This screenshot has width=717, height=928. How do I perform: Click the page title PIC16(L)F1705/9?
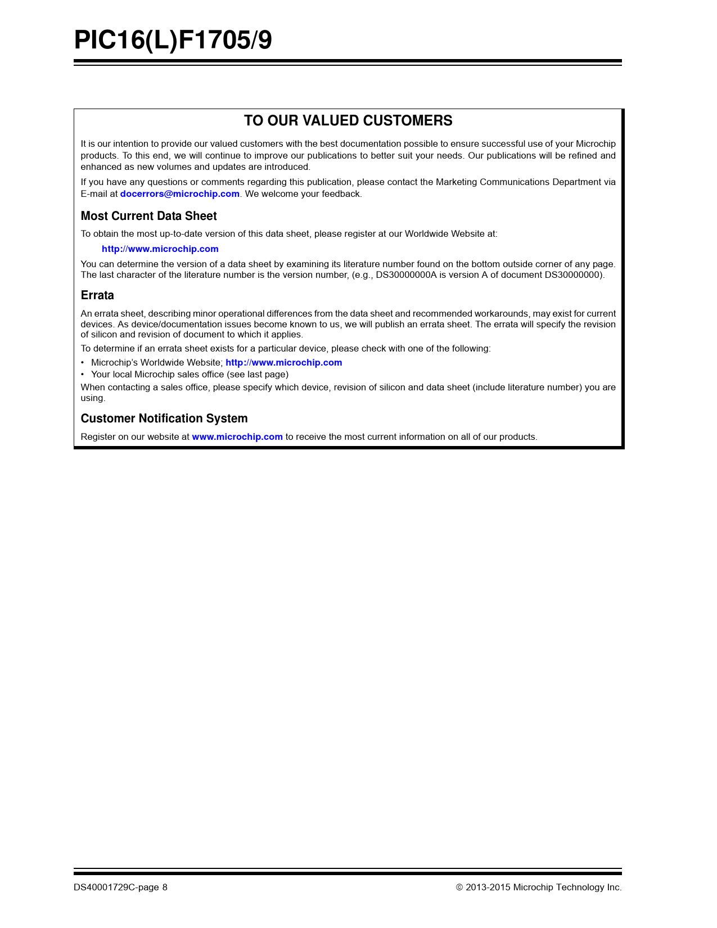pos(173,40)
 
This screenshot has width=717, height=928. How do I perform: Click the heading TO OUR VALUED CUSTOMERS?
pos(348,121)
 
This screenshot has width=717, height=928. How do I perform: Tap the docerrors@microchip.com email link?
pos(180,194)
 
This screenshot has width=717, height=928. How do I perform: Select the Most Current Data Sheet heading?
pos(148,216)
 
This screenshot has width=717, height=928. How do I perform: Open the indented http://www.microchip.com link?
pos(160,249)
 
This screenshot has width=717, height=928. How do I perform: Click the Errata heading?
pos(97,295)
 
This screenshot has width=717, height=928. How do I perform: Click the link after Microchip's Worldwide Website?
pos(283,363)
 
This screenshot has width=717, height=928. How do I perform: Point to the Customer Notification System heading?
pos(164,418)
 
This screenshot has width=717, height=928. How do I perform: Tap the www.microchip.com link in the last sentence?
pos(237,437)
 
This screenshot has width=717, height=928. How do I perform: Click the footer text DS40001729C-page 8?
pos(120,888)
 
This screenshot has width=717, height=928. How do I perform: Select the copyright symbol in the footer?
pos(459,888)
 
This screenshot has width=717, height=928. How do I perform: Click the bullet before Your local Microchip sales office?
pos(83,375)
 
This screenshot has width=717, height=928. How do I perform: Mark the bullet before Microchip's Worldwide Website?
pos(83,363)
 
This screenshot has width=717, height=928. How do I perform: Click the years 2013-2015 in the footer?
pos(488,888)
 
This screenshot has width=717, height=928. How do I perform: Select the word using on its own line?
pos(92,398)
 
